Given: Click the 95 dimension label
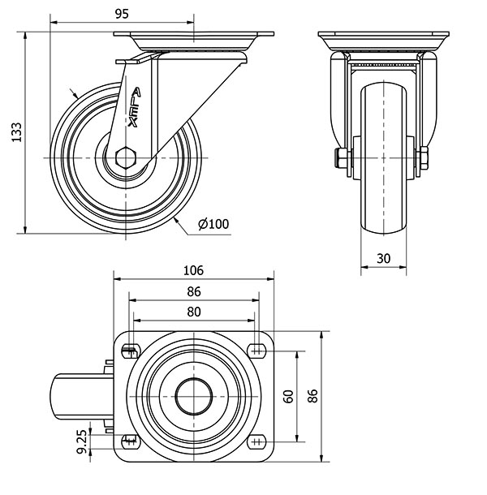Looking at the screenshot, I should pyautogui.click(x=122, y=14).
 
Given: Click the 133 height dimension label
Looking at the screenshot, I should pyautogui.click(x=15, y=132).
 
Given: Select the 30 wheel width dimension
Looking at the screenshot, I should pyautogui.click(x=384, y=257).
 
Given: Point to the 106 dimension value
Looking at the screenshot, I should pyautogui.click(x=193, y=270).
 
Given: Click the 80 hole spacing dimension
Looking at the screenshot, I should pyautogui.click(x=193, y=312).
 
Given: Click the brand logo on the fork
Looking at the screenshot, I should pyautogui.click(x=135, y=105).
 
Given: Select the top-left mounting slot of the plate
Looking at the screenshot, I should pyautogui.click(x=130, y=351).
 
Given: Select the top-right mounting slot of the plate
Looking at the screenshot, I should pyautogui.click(x=257, y=350).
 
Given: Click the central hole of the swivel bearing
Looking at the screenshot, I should pyautogui.click(x=193, y=395).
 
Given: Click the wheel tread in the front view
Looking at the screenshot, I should pyautogui.click(x=384, y=203).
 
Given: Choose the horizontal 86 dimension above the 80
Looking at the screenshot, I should pyautogui.click(x=193, y=292).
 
